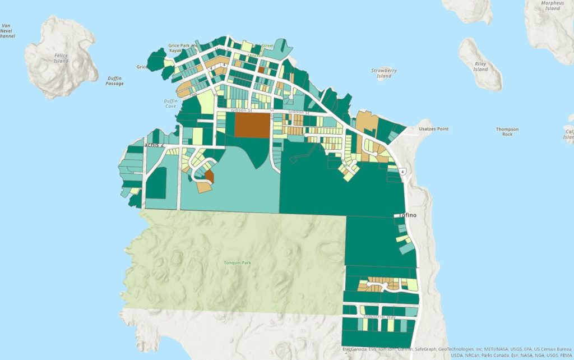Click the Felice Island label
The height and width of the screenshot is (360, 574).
point(61,58)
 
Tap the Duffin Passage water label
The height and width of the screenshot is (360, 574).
point(114,81)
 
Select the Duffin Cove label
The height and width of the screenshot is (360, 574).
point(170,103)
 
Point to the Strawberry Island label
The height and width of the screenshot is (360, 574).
point(384,73)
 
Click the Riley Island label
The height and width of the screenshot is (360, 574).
point(480,67)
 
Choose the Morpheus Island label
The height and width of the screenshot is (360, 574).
point(552,6)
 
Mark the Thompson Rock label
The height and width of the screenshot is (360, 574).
point(507,132)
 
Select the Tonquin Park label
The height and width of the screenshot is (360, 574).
point(235,262)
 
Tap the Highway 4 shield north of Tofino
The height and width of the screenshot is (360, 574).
point(402,170)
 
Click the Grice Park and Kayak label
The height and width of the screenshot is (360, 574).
point(183,48)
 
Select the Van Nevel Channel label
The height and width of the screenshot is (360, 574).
point(7,31)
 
